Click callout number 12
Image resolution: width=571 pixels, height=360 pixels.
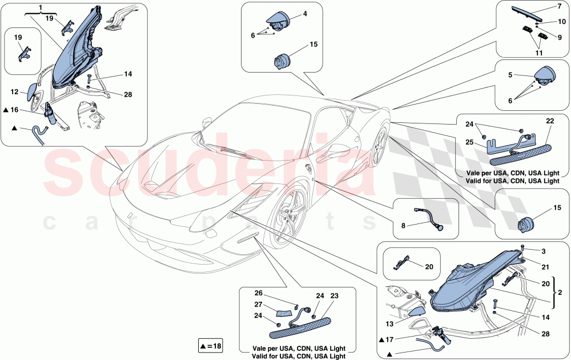pos(15,91)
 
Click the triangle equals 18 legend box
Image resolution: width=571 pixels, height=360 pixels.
pos(210,345)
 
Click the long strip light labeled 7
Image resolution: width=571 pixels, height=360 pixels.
pos(528,14)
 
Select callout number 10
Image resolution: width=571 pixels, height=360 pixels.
pos(561,23)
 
